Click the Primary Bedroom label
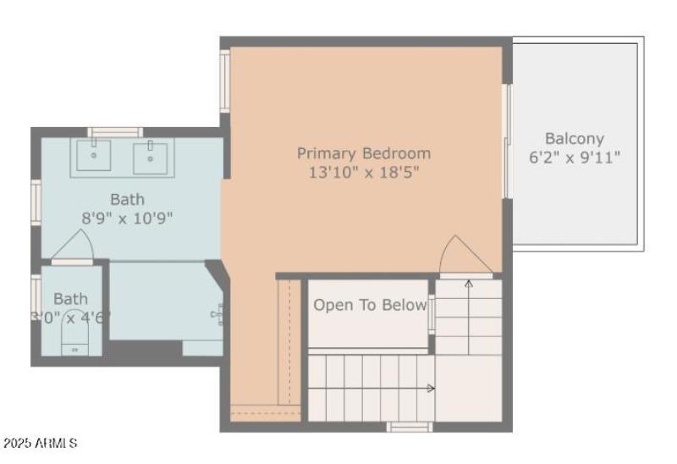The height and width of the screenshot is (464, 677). click(x=363, y=153)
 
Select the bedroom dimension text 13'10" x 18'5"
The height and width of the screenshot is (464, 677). click(x=363, y=172)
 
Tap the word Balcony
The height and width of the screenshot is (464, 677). click(x=575, y=138)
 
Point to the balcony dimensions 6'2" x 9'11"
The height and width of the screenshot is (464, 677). click(x=575, y=157)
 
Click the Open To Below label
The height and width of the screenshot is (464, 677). click(x=370, y=306)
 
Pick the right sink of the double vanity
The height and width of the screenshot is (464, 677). click(x=150, y=156)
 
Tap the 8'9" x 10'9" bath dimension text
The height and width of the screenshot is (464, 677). click(x=127, y=218)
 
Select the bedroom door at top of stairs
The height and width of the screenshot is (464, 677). click(x=464, y=257)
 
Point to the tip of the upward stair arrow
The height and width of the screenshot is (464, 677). click(x=468, y=282)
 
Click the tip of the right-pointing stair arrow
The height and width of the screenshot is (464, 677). click(x=433, y=389)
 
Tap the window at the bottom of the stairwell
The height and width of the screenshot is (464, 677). click(x=410, y=427)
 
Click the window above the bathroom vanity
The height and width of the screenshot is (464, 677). click(x=115, y=132)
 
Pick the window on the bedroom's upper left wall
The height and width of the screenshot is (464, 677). click(x=225, y=80)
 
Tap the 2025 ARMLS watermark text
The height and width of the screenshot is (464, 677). click(x=40, y=443)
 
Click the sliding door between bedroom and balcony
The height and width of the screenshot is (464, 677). click(x=506, y=141)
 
